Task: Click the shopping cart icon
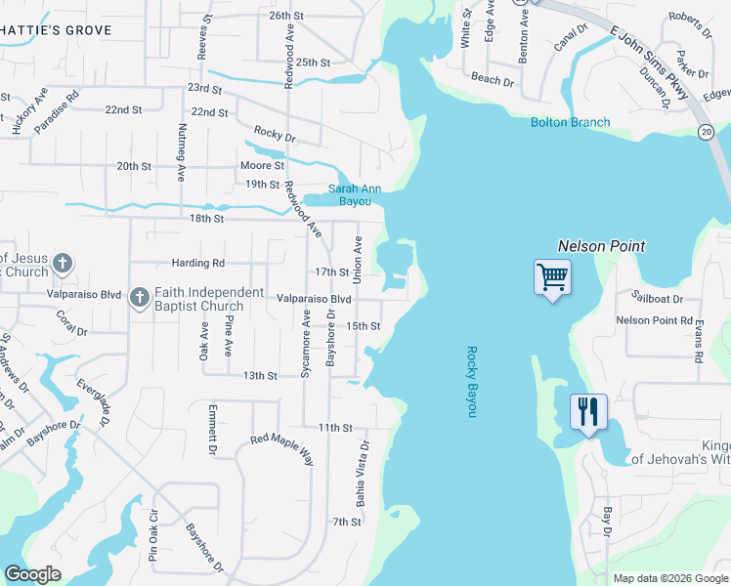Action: [553, 277]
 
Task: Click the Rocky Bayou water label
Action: [471, 382]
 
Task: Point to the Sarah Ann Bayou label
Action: [354, 194]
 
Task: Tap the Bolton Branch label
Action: [570, 122]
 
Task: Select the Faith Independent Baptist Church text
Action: [209, 299]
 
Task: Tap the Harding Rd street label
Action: [197, 264]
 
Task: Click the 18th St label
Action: [207, 219]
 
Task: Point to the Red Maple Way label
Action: [281, 447]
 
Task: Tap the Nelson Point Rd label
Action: [654, 320]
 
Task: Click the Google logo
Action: [32, 574]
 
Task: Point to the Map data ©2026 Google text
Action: [669, 578]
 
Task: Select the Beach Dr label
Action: [493, 80]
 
